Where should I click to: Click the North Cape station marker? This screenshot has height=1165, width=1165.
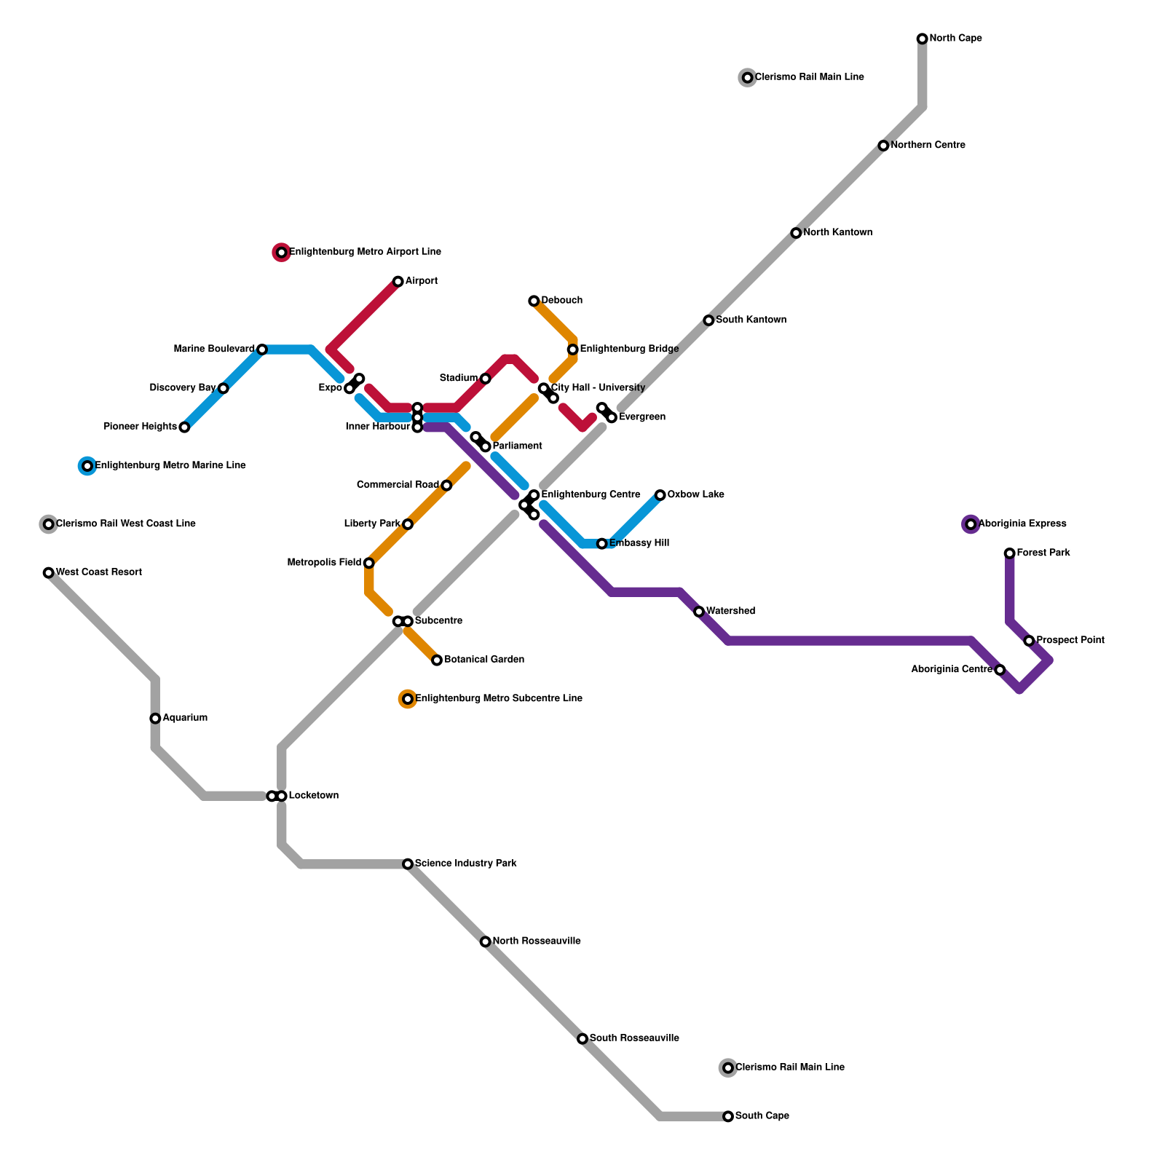click(x=922, y=39)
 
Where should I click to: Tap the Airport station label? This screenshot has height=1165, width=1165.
click(x=421, y=281)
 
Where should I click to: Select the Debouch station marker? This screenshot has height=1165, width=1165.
click(x=534, y=301)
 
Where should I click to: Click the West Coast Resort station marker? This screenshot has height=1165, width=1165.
click(x=48, y=573)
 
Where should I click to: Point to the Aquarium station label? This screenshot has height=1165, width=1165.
click(x=185, y=718)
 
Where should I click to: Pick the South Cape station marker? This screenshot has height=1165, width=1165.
click(x=728, y=1116)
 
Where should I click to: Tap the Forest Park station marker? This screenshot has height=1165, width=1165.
click(x=1009, y=553)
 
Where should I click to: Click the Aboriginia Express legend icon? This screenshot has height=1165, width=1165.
click(x=971, y=524)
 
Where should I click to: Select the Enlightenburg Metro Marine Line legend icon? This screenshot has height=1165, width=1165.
click(x=87, y=466)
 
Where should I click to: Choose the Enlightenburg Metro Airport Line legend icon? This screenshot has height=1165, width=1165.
click(x=281, y=253)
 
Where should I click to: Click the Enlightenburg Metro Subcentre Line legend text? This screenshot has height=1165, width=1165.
click(x=498, y=699)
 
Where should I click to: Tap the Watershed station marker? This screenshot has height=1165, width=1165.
click(x=699, y=612)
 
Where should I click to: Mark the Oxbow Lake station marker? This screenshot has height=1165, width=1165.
click(x=660, y=495)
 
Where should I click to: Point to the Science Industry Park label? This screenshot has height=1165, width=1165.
click(x=465, y=864)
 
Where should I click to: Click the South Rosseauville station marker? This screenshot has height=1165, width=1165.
click(x=582, y=1039)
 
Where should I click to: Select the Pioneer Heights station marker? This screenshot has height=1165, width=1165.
click(x=184, y=427)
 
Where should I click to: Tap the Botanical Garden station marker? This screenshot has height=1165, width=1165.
click(x=437, y=660)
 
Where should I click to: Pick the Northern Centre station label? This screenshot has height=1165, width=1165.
click(x=928, y=146)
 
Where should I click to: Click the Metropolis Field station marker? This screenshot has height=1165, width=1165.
click(x=369, y=563)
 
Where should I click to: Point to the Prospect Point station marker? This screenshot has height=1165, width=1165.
click(x=1029, y=641)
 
